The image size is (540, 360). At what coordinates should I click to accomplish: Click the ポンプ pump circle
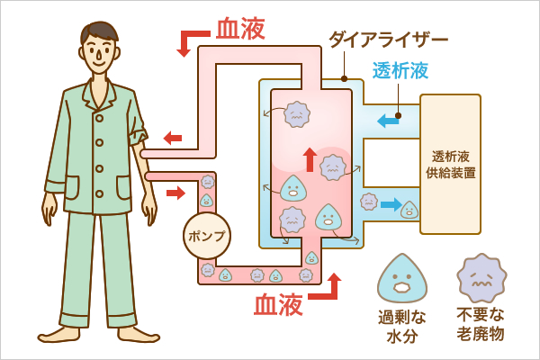tap(206, 235)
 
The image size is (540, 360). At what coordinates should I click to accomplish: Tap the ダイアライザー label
tap(388, 39)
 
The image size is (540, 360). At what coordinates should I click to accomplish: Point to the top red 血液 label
tap(240, 29)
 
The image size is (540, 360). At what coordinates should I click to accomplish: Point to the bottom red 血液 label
tap(278, 305)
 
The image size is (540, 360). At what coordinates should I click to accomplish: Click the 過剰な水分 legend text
tap(401, 325)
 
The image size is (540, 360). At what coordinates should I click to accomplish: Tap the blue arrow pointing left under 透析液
tap(388, 120)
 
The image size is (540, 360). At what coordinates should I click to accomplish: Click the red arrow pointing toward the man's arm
tap(172, 138)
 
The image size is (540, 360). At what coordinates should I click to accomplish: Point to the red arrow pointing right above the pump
tap(175, 192)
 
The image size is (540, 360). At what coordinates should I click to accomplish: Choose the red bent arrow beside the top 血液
tap(193, 41)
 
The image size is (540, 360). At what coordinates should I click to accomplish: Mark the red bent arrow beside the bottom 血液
tap(326, 288)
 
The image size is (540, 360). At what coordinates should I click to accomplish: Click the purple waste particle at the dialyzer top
tap(296, 113)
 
